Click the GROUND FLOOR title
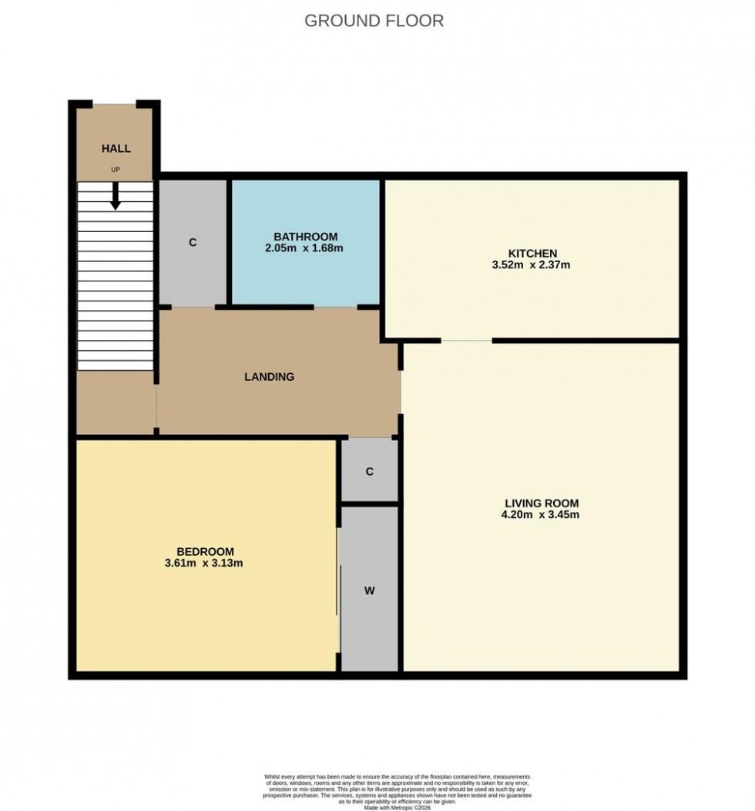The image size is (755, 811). click(374, 21)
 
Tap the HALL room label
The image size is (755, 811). click(116, 149)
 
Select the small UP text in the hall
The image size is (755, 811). click(116, 169)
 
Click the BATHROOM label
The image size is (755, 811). click(305, 236)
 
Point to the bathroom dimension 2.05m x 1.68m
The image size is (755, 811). click(305, 248)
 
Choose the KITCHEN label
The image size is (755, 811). click(532, 253)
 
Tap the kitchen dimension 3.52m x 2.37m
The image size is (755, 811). click(532, 265)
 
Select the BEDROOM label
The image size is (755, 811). click(205, 551)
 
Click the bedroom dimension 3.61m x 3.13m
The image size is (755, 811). click(205, 564)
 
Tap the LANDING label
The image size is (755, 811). click(269, 377)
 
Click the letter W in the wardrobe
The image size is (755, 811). click(369, 591)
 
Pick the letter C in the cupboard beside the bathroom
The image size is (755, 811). click(193, 242)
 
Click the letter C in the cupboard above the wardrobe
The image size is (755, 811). click(369, 472)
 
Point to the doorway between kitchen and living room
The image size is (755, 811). click(466, 340)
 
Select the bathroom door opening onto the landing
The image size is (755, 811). click(336, 307)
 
